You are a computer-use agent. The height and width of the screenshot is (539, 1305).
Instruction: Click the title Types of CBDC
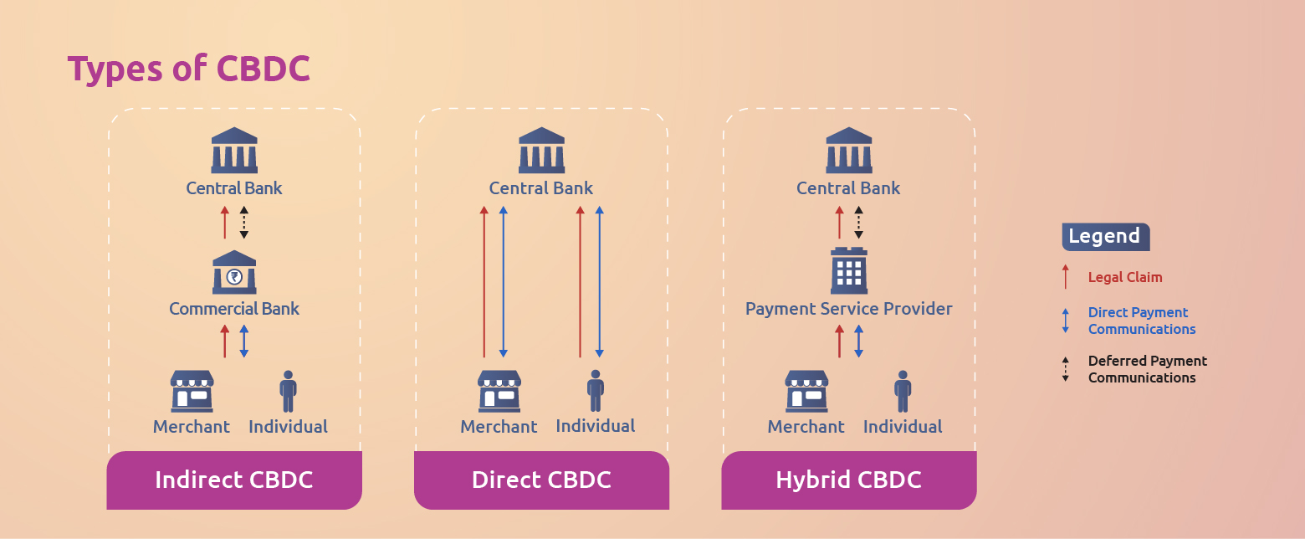tap(189, 69)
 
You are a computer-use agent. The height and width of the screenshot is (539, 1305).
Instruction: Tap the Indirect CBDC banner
tap(234, 480)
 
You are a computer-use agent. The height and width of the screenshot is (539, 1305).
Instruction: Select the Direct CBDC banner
tap(541, 480)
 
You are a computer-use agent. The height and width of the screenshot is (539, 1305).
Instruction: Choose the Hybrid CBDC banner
tap(848, 480)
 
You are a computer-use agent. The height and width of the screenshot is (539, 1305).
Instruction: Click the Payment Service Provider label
tap(848, 309)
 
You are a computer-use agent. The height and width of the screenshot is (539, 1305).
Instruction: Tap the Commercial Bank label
tap(234, 309)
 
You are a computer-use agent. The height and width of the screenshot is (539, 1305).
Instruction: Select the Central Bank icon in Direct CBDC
tap(541, 150)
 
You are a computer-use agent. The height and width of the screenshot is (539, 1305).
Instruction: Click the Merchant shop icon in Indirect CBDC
tap(192, 391)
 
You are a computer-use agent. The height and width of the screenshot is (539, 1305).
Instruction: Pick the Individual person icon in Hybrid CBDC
tap(903, 391)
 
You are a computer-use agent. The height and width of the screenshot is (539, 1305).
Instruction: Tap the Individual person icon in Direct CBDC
tap(596, 391)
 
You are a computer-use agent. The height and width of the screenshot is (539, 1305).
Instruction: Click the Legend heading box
tap(1105, 237)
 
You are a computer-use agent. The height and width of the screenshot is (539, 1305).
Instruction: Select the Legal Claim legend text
tap(1125, 277)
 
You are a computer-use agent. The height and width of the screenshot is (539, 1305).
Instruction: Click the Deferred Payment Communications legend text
tap(1147, 369)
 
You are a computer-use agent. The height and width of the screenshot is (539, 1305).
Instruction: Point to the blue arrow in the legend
tap(1065, 321)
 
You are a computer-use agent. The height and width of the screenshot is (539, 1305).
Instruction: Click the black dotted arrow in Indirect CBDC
tap(243, 223)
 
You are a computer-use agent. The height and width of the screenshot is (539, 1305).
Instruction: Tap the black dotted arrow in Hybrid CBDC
tap(858, 223)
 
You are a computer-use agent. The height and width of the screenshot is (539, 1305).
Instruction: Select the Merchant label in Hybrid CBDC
tap(806, 427)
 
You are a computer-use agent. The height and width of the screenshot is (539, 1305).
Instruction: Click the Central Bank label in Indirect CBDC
tap(234, 188)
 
